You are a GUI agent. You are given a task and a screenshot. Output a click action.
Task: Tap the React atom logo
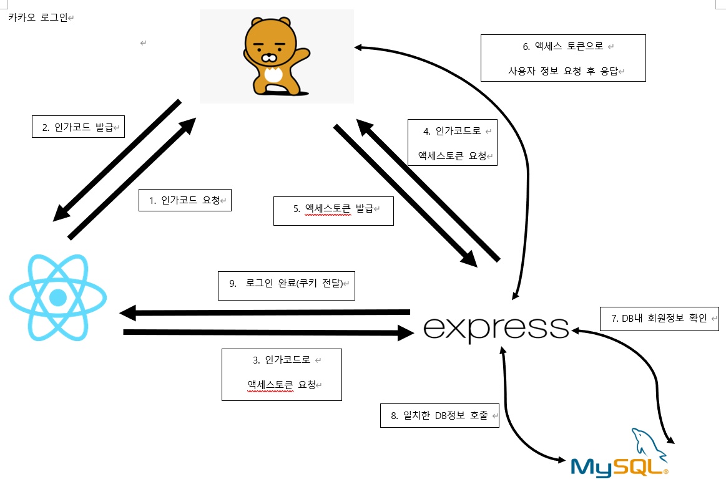(58, 297)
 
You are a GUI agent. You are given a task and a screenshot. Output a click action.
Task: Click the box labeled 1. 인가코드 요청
(185, 200)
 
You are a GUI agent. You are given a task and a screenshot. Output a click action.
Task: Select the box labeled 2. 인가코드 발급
(78, 127)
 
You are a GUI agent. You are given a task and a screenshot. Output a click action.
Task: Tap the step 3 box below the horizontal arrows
(282, 374)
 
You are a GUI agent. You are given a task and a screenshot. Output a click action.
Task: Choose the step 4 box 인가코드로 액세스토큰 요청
(453, 142)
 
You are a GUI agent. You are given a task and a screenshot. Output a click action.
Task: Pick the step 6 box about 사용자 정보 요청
(563, 58)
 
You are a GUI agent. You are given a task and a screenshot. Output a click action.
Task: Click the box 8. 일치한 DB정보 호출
(439, 415)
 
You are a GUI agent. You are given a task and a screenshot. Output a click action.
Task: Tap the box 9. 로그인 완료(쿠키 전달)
(287, 285)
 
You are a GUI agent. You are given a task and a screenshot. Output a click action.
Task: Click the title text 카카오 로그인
(37, 17)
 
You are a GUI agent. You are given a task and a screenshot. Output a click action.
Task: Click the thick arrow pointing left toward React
(262, 311)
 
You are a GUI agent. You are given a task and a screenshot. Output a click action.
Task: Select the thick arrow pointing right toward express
(268, 333)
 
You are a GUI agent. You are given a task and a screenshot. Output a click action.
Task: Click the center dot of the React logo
(58, 297)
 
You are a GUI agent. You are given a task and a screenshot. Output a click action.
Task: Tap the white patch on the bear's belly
(273, 75)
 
